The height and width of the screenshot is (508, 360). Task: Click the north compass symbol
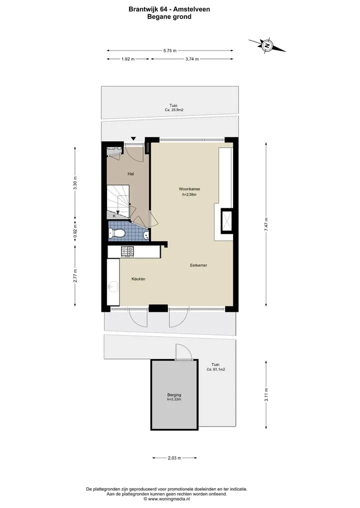pyautogui.click(x=267, y=45)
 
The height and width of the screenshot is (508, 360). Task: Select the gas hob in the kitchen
pyautogui.click(x=127, y=252)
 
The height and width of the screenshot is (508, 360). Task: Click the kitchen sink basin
pyautogui.click(x=113, y=287)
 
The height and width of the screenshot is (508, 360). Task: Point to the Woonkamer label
pyautogui.click(x=189, y=189)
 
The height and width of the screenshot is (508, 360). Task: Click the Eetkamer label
pyautogui.click(x=198, y=265)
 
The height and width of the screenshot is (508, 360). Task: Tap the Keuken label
pyautogui.click(x=138, y=279)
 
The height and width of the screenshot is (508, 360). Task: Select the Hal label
pyautogui.click(x=130, y=174)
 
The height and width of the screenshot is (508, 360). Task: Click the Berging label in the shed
pyautogui.click(x=174, y=395)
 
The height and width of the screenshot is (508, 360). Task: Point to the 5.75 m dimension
pyautogui.click(x=170, y=50)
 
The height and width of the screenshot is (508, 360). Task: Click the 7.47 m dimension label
pyautogui.click(x=266, y=224)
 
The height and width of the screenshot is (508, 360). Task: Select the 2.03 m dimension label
pyautogui.click(x=174, y=458)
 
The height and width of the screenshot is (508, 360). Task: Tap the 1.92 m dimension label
pyautogui.click(x=128, y=59)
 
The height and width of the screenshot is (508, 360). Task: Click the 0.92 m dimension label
pyautogui.click(x=75, y=231)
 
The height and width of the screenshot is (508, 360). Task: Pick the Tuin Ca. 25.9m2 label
pyautogui.click(x=174, y=107)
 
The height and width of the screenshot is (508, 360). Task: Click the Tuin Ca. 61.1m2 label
pyautogui.click(x=215, y=367)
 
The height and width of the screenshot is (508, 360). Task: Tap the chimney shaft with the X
pyautogui.click(x=226, y=221)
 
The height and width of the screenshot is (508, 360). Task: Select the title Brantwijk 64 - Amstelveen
pyautogui.click(x=169, y=9)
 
